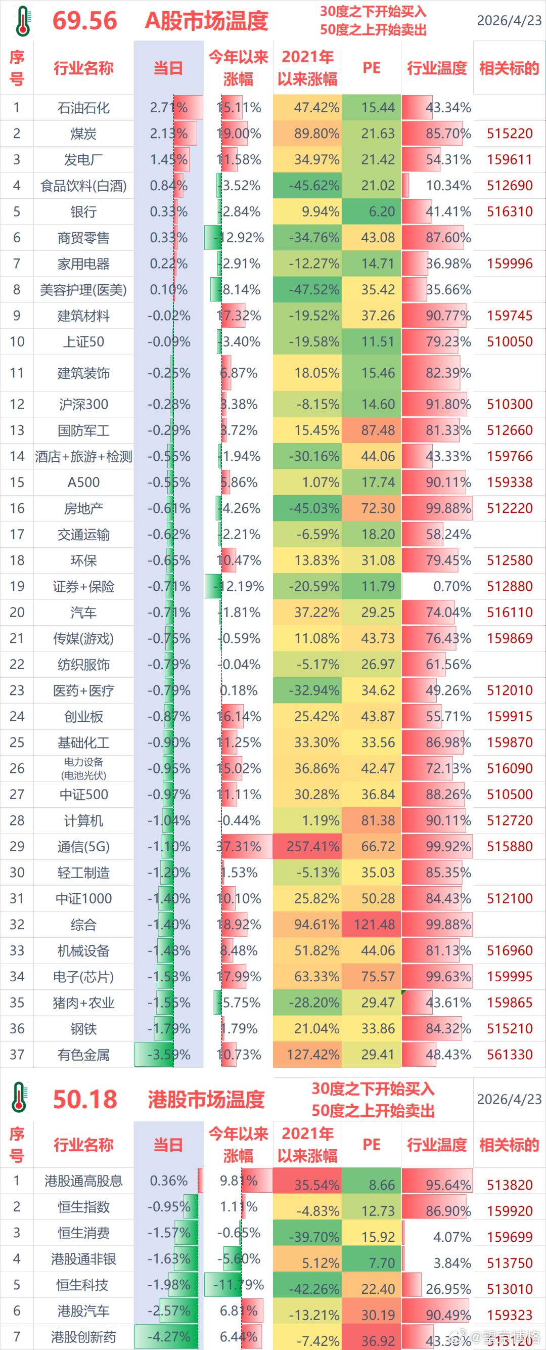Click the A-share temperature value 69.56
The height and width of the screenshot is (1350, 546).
(x=85, y=21)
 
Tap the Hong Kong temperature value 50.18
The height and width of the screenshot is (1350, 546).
(x=85, y=1099)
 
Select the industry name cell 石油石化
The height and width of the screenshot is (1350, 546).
(x=83, y=108)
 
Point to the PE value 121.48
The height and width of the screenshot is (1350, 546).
(x=374, y=925)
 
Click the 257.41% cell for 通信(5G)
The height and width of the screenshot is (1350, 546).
(x=313, y=846)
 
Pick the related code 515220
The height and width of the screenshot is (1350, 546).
(x=509, y=134)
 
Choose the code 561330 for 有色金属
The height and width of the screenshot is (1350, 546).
(x=509, y=1055)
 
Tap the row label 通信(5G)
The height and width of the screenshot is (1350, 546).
(x=83, y=846)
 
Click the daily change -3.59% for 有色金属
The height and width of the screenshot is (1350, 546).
(x=169, y=1055)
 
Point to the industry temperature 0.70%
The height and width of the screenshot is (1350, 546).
(x=451, y=586)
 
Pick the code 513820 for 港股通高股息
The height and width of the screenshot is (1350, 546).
(x=509, y=1185)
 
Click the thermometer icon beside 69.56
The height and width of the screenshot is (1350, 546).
(x=23, y=21)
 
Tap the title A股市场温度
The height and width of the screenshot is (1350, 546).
(x=206, y=21)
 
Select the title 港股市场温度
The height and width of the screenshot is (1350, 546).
(x=206, y=1099)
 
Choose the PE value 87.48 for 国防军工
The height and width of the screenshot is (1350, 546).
(x=377, y=430)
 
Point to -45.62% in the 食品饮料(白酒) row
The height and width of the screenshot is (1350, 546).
(x=314, y=186)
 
